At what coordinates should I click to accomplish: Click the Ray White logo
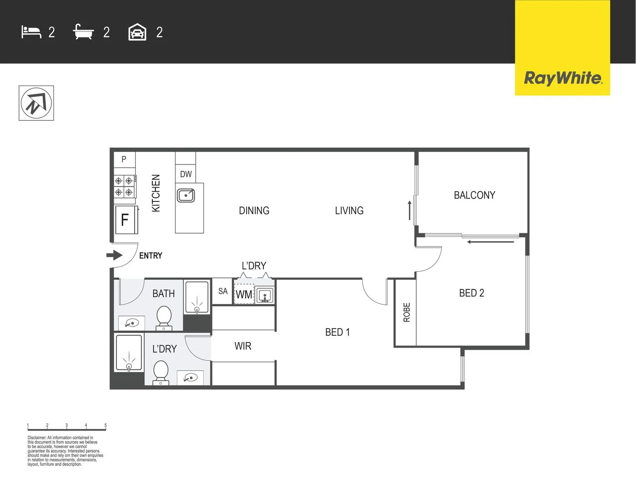pos(563,78)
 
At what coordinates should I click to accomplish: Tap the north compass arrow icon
pos(36,103)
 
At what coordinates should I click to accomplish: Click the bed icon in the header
pos(31,32)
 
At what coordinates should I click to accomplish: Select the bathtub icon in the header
pos(83,32)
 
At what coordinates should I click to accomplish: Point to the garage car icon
pos(137,32)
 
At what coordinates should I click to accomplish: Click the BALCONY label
pos(474,195)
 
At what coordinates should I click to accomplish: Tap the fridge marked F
pos(125,220)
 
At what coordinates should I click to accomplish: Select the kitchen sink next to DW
pos(186,195)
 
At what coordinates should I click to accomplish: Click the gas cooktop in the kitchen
pos(124,186)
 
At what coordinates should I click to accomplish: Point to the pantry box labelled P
pos(124,159)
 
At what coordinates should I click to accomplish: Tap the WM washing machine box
pos(244,294)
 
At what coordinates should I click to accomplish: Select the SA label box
pos(222,291)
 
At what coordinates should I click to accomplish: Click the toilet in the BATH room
pos(164,318)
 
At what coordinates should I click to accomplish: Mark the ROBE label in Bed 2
pos(407,313)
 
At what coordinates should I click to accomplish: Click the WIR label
pos(242,346)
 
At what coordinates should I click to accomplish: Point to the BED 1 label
pos(337,332)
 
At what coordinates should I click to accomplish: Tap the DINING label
pos(254,210)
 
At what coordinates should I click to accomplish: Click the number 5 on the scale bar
pos(106,425)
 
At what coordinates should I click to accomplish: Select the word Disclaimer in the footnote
pos(36,438)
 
